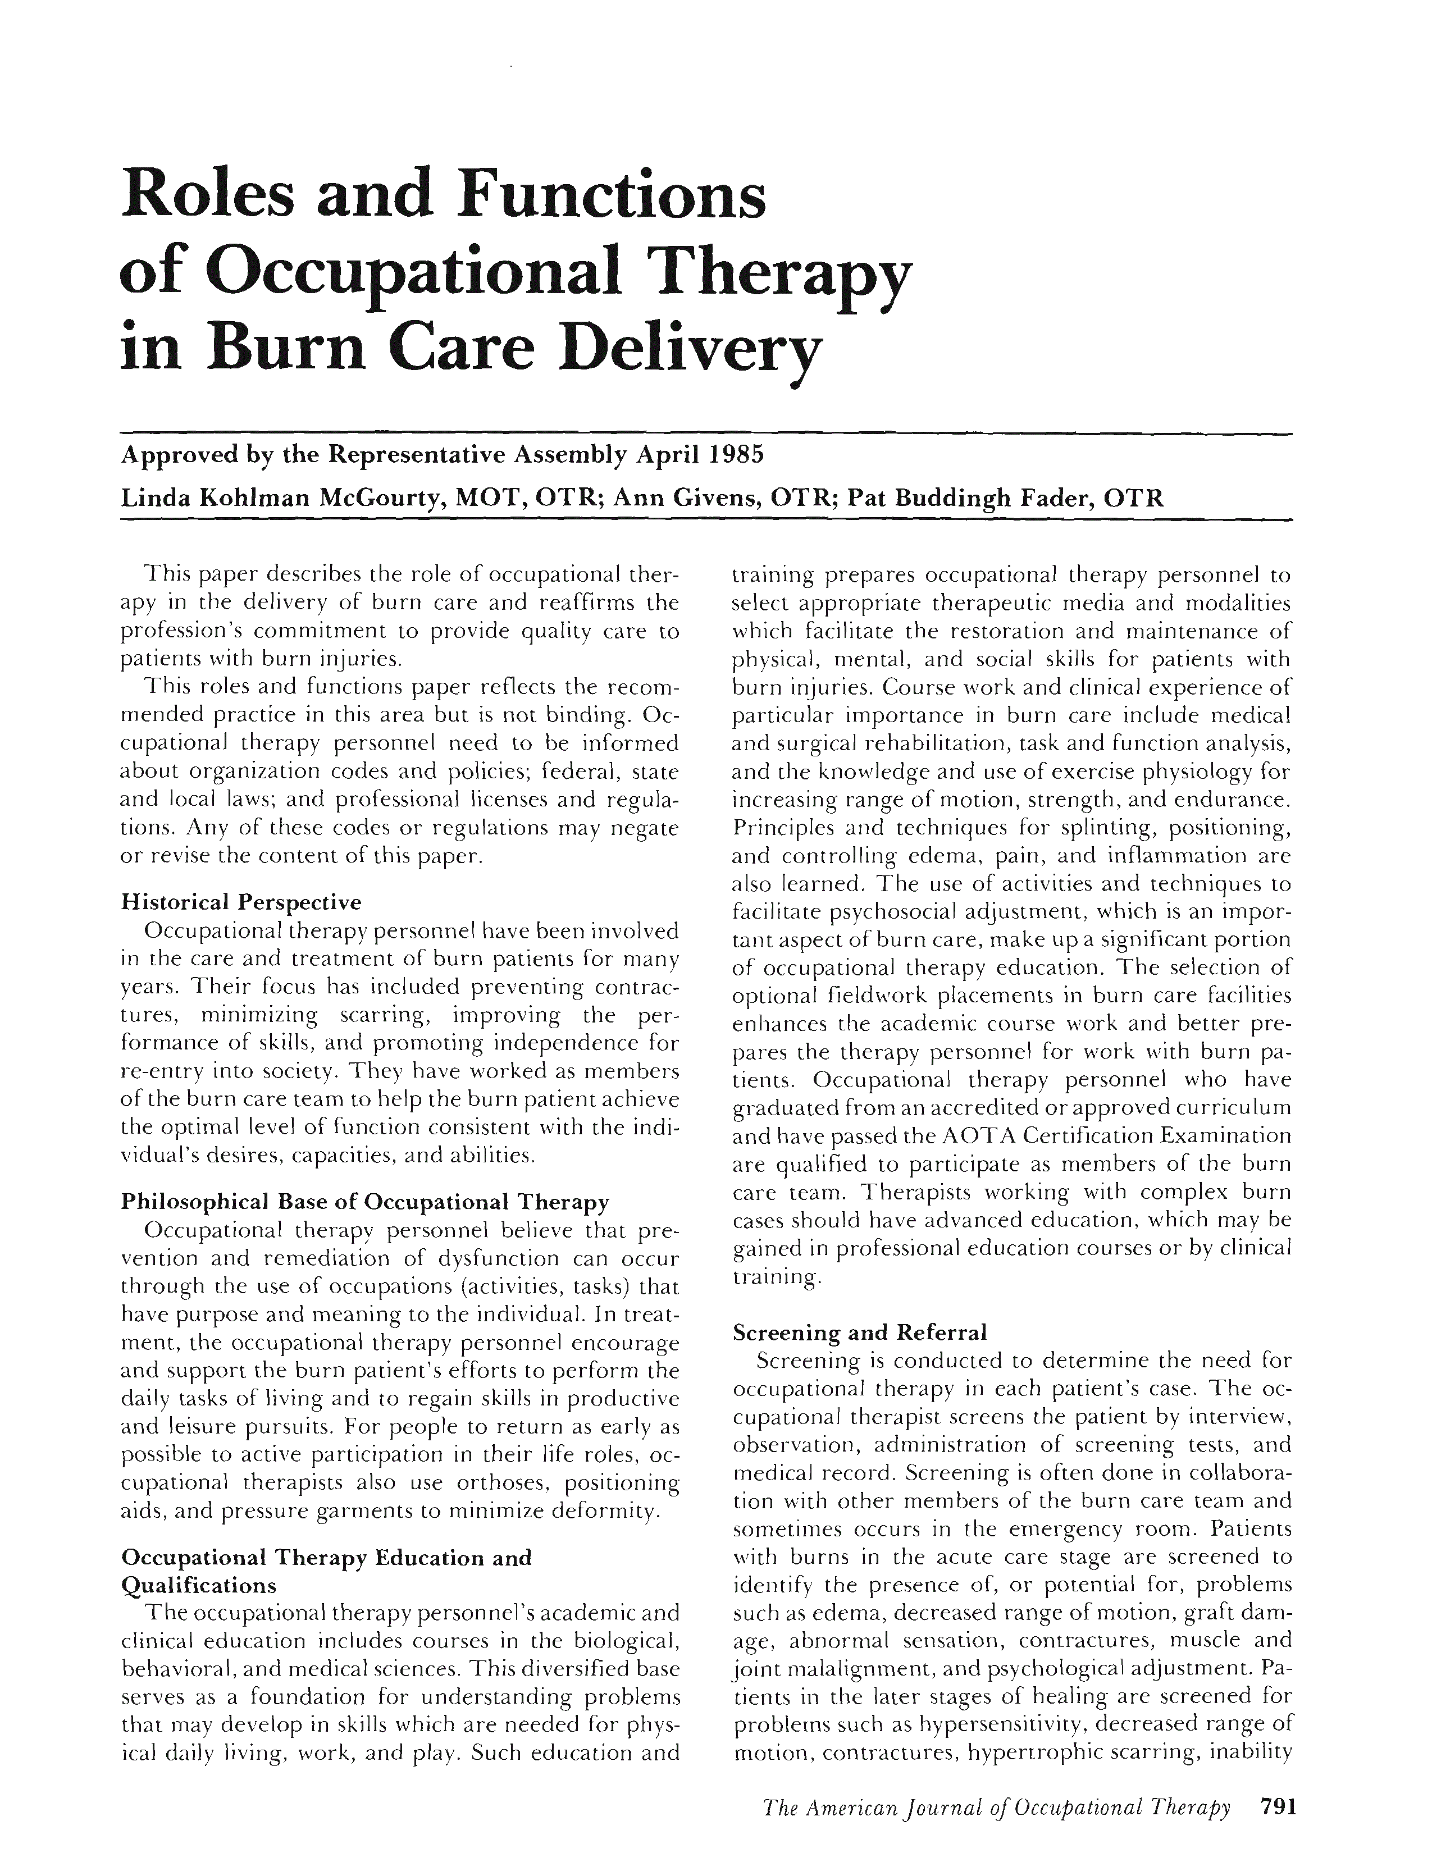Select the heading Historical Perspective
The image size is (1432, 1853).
pos(242,901)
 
